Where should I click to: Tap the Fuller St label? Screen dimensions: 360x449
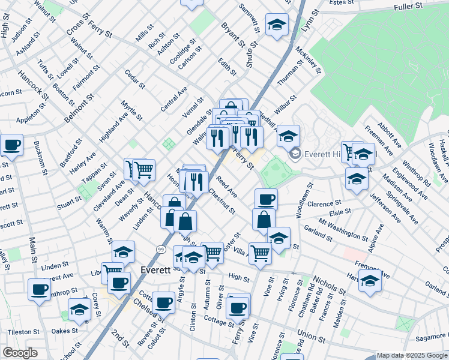tap(409, 7)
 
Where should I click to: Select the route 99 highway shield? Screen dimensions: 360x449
tap(160, 249)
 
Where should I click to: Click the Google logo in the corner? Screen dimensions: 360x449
tap(20, 353)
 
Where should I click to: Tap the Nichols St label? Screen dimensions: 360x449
tap(329, 286)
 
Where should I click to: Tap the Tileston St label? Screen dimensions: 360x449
tap(23, 331)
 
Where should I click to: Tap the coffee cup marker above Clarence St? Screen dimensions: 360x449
tap(266, 199)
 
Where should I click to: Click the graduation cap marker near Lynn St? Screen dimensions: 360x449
tap(277, 25)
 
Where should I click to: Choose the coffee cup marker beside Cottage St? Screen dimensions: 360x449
tap(163, 302)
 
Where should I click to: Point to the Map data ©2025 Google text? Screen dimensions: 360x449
tap(412, 355)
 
